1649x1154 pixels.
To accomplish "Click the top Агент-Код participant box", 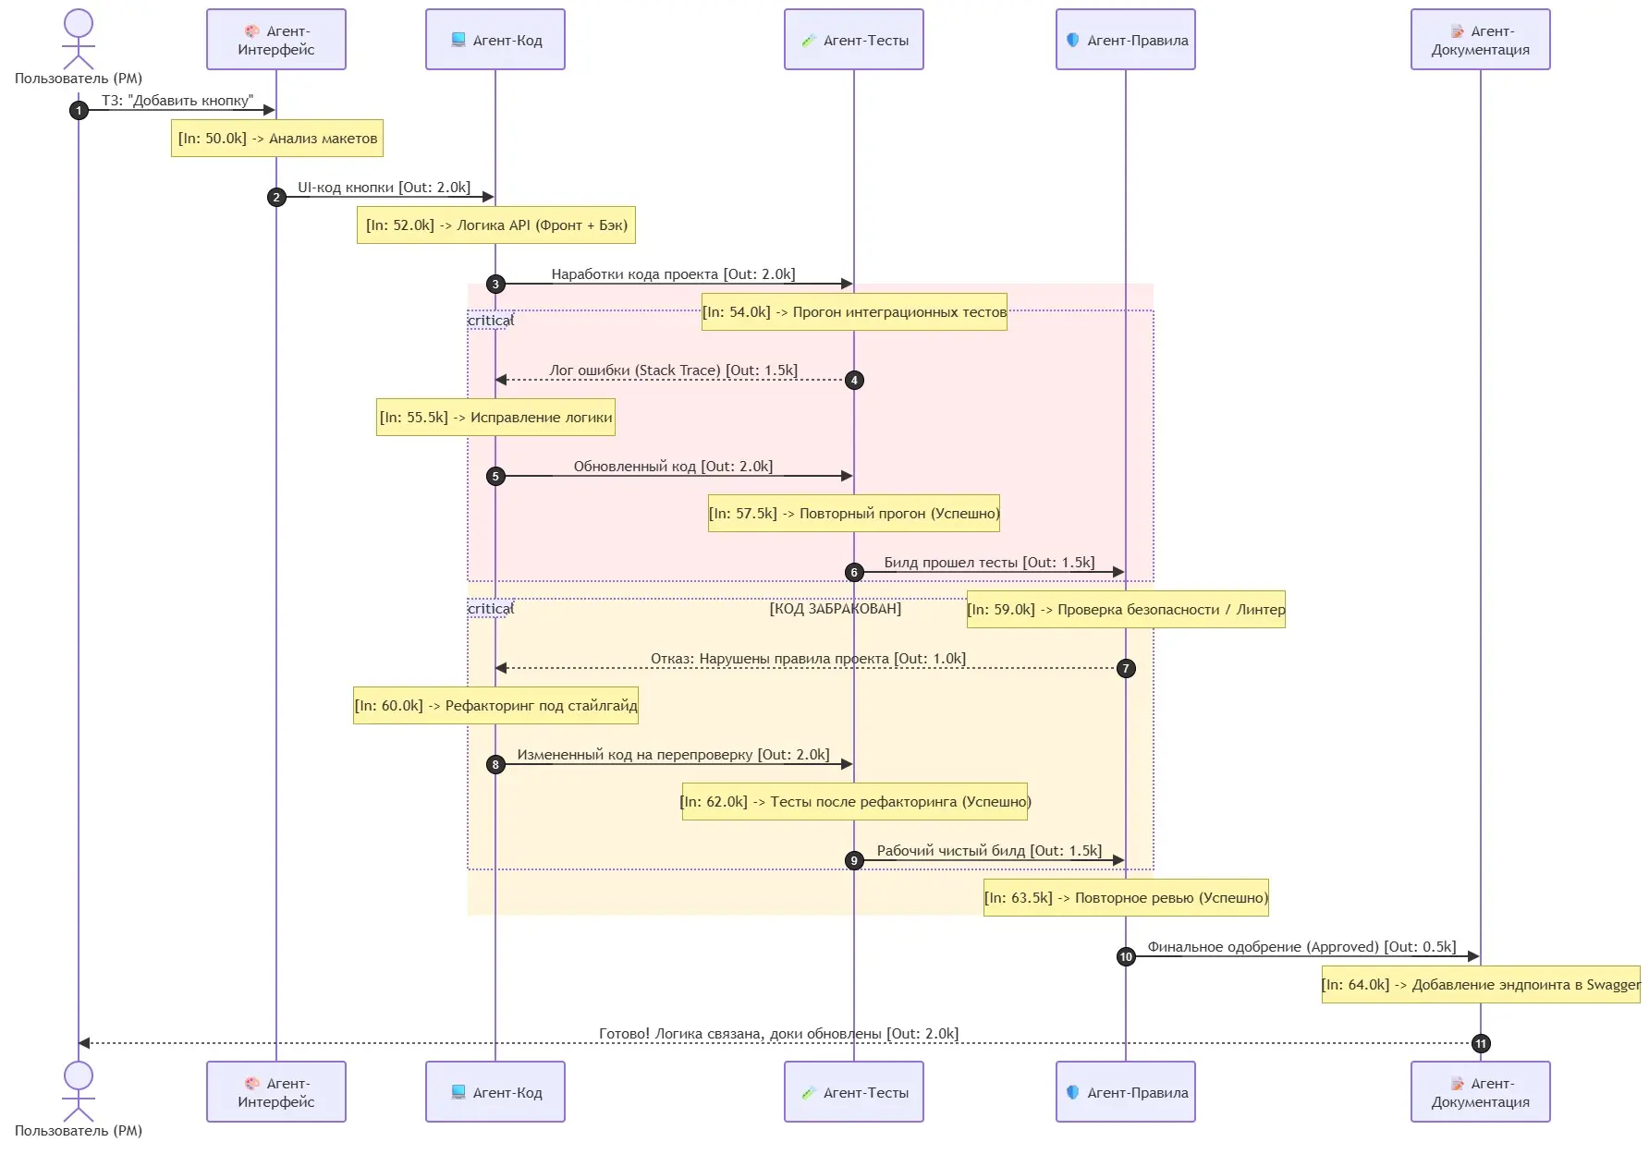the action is [495, 40].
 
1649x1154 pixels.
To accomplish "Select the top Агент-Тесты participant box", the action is [853, 40].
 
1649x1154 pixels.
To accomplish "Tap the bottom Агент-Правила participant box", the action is [1125, 1092].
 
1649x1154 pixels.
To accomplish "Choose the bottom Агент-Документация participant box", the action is [1480, 1092].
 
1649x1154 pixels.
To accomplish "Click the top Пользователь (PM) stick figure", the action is [79, 40].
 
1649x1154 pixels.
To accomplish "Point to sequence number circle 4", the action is [854, 380].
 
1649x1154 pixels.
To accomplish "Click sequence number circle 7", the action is [1126, 668].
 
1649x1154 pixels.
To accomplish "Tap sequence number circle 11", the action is [1481, 1043].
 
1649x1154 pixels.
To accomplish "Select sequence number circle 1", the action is [79, 110].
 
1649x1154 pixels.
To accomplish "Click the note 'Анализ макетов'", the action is [276, 139].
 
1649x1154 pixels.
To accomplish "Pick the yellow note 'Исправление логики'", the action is [495, 418].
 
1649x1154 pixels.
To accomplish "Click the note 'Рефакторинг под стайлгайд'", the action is [495, 706].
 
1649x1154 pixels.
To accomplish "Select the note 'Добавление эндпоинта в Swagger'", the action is [1481, 985].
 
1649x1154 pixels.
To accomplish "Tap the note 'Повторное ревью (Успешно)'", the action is [1126, 898].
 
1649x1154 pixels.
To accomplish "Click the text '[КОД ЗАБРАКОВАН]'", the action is [836, 609].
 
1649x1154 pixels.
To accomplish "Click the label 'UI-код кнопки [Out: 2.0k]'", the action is [384, 188].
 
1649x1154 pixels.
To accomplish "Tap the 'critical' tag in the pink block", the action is [490, 321].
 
